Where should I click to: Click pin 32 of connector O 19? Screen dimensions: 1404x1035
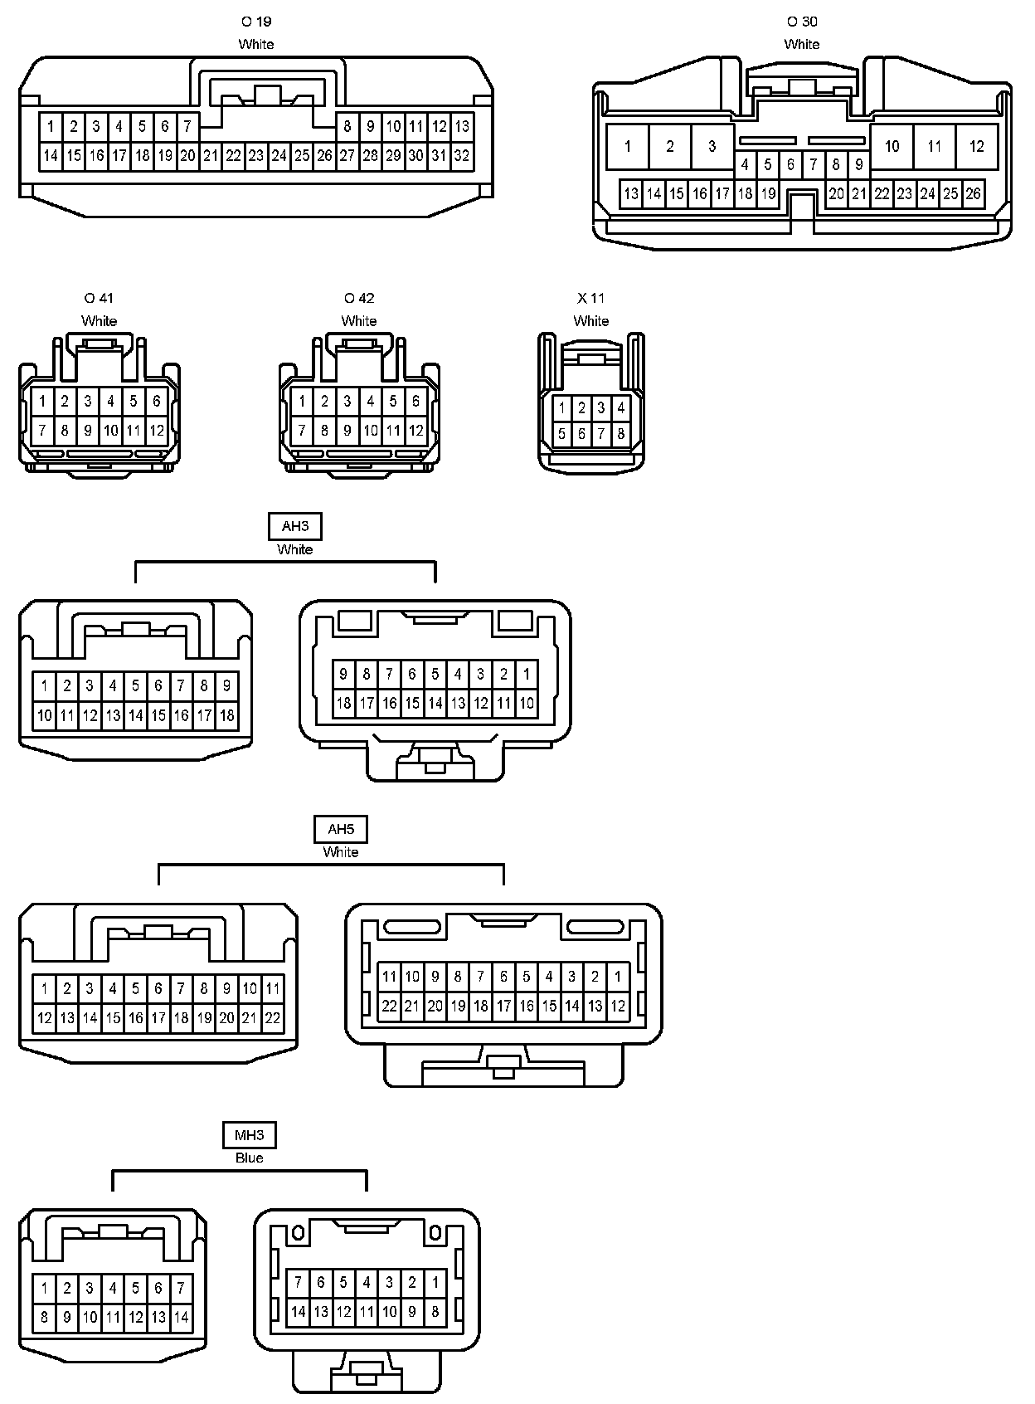tap(462, 155)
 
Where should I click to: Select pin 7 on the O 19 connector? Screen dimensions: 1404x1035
tap(187, 127)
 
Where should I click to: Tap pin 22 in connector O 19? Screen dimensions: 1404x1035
tap(233, 155)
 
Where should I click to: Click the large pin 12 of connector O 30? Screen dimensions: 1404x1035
tap(976, 147)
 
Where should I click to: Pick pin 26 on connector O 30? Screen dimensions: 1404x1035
tap(973, 194)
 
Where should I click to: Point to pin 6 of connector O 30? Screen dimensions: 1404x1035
tap(790, 164)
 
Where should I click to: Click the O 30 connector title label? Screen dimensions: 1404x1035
tap(802, 22)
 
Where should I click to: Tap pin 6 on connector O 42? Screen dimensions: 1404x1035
tap(416, 402)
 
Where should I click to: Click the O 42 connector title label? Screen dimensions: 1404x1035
tap(359, 298)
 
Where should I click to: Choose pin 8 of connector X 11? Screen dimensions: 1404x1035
tap(620, 433)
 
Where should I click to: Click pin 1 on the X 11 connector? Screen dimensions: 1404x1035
tap(562, 407)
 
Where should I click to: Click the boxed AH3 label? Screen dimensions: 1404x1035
tap(294, 526)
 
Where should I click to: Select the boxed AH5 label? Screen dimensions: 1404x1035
tap(340, 829)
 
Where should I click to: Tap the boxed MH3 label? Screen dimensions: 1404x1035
tap(249, 1134)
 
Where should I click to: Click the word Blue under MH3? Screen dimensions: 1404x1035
tap(249, 1158)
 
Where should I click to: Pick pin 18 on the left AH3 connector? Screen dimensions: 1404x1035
tap(226, 715)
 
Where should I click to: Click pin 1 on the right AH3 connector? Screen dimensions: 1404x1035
tap(526, 674)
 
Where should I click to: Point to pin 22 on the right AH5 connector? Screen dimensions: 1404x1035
tap(390, 1006)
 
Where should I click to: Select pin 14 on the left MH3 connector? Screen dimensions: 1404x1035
tap(181, 1317)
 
